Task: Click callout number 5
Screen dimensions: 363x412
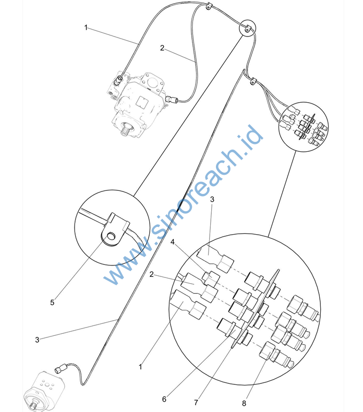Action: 52,302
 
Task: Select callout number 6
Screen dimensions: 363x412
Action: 164,399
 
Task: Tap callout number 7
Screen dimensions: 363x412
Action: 196,403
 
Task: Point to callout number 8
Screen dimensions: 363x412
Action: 244,403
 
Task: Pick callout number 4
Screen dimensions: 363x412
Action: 173,242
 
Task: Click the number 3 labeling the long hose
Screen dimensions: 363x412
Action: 37,340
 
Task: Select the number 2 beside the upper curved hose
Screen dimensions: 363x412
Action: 162,48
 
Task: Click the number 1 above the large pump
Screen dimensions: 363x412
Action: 86,27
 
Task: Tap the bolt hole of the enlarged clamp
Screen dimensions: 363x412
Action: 112,236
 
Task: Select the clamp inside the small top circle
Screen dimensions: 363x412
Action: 247,28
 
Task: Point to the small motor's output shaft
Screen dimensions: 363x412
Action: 33,406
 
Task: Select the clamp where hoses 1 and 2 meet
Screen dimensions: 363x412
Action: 208,6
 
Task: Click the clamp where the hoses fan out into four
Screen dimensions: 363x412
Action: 253,81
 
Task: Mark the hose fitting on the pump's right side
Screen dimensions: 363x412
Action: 172,100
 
